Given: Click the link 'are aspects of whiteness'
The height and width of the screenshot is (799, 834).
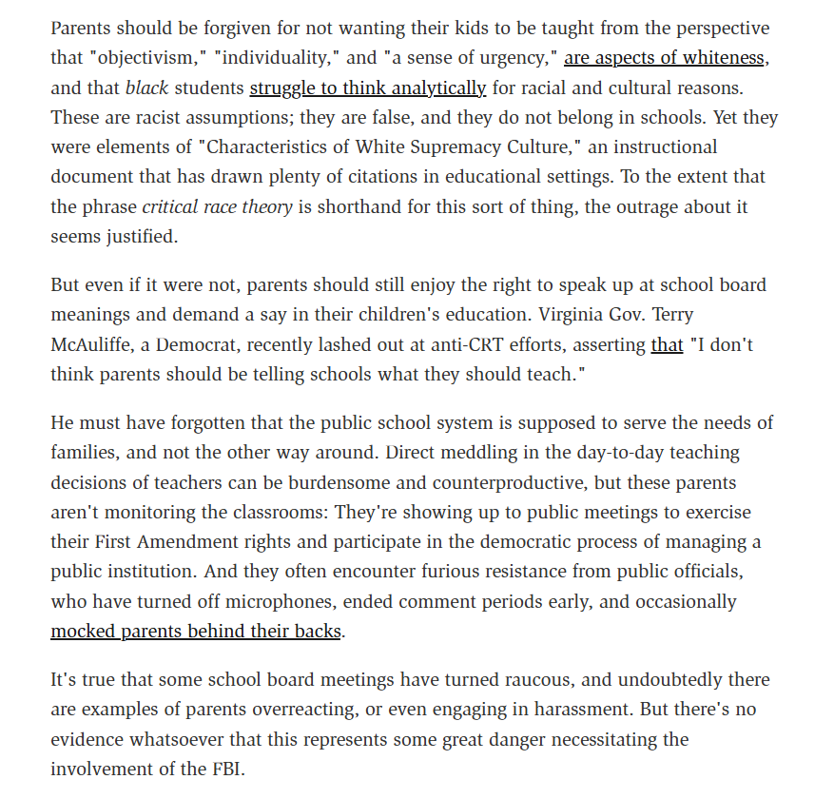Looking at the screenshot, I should pyautogui.click(x=664, y=58).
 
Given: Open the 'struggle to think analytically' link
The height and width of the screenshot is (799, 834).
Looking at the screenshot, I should pyautogui.click(x=368, y=88).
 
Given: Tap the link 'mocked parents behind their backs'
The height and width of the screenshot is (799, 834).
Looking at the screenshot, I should pyautogui.click(x=196, y=631).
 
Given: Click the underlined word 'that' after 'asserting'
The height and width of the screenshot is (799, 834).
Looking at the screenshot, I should pyautogui.click(x=667, y=345).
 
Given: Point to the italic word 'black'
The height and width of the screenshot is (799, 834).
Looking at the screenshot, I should pyautogui.click(x=146, y=88).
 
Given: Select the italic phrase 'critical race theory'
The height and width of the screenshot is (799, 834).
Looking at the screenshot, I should pyautogui.click(x=217, y=206).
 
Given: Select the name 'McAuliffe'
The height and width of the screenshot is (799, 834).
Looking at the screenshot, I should pyautogui.click(x=94, y=345).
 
